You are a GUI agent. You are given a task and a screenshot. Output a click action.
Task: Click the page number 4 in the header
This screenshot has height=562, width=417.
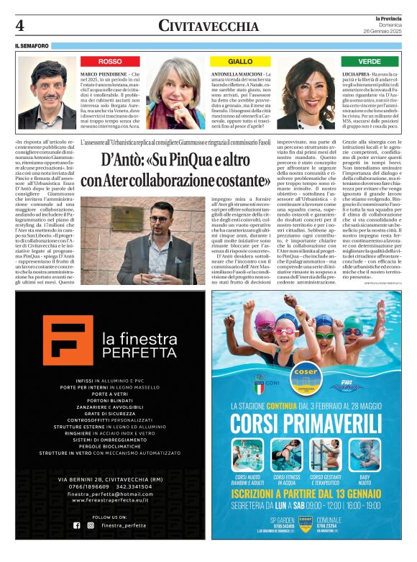click(20, 26)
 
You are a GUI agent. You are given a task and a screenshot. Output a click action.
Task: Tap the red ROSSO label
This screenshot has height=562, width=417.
click(110, 62)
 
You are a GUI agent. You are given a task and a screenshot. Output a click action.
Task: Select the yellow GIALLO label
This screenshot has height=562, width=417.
click(240, 62)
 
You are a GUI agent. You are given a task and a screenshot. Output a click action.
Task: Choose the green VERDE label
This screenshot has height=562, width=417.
click(370, 62)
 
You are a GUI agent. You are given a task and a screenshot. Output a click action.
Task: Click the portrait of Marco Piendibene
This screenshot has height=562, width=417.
click(47, 94)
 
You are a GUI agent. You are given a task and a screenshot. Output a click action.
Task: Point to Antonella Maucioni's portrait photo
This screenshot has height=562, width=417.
click(176, 94)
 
